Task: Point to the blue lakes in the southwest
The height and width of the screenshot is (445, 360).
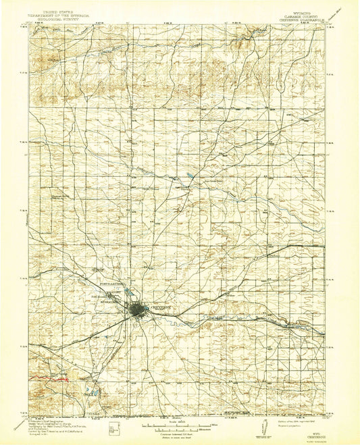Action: point(90,390)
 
